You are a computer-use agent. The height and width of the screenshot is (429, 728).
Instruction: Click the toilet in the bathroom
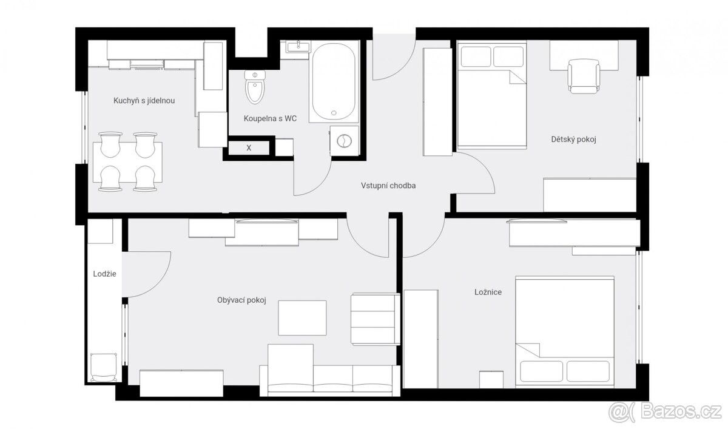(x=255, y=87)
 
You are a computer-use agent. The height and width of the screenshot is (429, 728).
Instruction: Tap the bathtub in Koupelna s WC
(x=334, y=81)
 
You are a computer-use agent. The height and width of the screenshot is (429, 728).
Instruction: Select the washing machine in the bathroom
(x=344, y=141)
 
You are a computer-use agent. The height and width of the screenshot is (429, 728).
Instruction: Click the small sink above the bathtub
(x=298, y=47)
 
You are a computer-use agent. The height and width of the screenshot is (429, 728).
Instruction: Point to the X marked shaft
(x=249, y=148)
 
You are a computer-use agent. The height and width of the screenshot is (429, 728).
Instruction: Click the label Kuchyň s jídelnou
(x=144, y=101)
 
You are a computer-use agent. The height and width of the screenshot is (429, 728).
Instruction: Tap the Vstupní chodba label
(x=388, y=186)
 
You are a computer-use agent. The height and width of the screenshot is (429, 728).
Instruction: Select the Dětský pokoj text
(x=574, y=140)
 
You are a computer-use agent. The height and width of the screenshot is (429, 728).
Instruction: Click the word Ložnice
(x=488, y=292)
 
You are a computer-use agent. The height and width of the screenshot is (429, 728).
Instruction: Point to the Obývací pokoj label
(x=241, y=300)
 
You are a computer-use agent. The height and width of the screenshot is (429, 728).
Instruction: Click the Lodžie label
(x=104, y=274)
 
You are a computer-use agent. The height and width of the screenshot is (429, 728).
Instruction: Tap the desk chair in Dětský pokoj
(x=584, y=76)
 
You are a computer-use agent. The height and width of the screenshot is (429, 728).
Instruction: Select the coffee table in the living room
(x=302, y=318)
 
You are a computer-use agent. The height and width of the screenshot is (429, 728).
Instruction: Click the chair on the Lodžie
(x=103, y=368)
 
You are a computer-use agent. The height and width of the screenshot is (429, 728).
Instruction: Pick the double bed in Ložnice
(x=565, y=332)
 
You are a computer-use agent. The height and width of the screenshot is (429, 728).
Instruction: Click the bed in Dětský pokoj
(x=492, y=95)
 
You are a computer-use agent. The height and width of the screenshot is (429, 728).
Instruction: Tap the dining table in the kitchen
(x=128, y=162)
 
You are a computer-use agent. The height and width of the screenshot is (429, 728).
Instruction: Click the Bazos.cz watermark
(x=665, y=413)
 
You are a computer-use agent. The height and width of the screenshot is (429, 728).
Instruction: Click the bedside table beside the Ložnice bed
(x=491, y=379)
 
